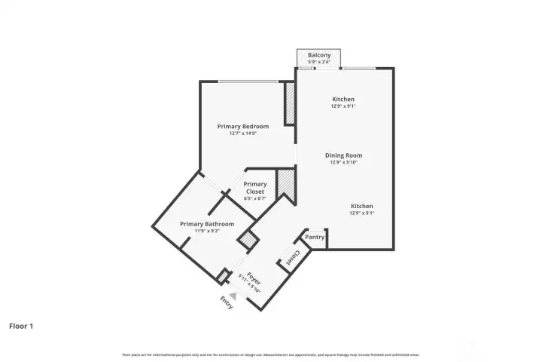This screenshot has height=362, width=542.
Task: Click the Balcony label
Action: click(x=319, y=55)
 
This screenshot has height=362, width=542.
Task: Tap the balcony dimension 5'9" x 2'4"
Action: click(x=319, y=62)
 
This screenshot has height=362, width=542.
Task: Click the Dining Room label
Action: click(x=343, y=155)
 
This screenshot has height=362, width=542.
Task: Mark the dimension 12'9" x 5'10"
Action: click(x=343, y=162)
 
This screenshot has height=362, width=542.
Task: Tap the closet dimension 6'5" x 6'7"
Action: click(x=255, y=199)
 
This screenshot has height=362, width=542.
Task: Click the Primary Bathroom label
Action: click(x=206, y=224)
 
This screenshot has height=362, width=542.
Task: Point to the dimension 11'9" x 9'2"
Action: click(x=206, y=231)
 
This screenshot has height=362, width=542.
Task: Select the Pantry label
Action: click(x=315, y=238)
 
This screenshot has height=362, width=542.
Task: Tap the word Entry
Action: click(x=227, y=302)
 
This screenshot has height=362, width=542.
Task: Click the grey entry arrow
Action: click(x=233, y=296)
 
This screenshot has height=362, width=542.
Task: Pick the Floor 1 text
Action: click(x=21, y=327)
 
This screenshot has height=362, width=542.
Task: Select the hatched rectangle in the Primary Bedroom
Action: click(x=289, y=103)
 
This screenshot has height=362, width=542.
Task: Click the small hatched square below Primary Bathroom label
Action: click(x=247, y=241)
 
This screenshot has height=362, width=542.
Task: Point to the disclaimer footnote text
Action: click(x=270, y=354)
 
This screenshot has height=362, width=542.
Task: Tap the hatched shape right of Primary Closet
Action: click(x=285, y=185)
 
